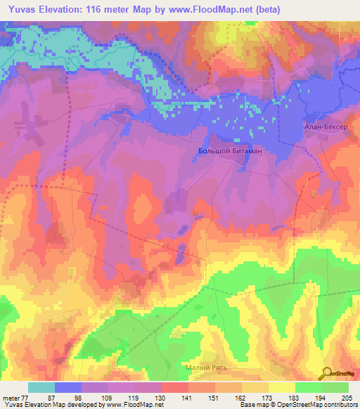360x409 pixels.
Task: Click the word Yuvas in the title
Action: pos(20,10)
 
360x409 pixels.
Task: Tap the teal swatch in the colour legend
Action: pos(41,387)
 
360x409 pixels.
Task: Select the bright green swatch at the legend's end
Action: pos(335,387)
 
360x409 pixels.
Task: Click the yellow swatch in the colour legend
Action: pos(282,387)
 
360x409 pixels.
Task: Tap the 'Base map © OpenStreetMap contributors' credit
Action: pos(298,405)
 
